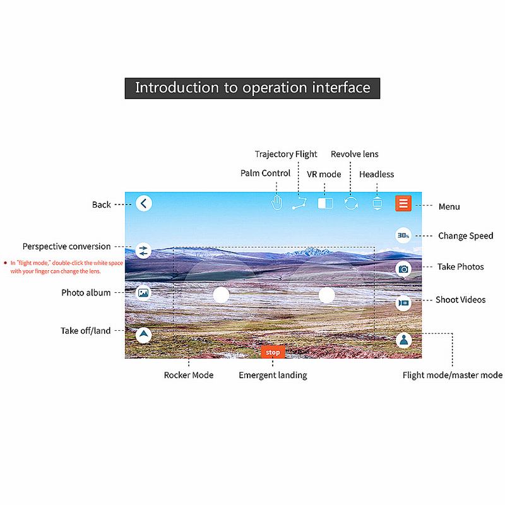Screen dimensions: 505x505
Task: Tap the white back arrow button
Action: pyautogui.click(x=144, y=203)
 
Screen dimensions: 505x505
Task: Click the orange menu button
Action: pyautogui.click(x=403, y=203)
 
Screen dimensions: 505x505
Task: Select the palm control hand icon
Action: pyautogui.click(x=276, y=203)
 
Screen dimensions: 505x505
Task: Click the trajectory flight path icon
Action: pyautogui.click(x=299, y=203)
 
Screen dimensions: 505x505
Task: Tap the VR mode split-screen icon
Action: pyautogui.click(x=325, y=203)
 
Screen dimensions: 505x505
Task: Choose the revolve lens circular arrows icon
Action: pyautogui.click(x=351, y=203)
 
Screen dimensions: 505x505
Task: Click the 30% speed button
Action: pyautogui.click(x=403, y=235)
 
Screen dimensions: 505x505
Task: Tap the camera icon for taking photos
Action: pyautogui.click(x=403, y=269)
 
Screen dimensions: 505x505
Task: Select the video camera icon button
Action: pyautogui.click(x=403, y=303)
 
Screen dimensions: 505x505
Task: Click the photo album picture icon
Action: pyautogui.click(x=143, y=293)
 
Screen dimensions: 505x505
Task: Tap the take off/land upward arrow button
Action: pyautogui.click(x=144, y=335)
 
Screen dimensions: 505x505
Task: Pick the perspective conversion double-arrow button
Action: pyautogui.click(x=143, y=251)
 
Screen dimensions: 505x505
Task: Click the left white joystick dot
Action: pyautogui.click(x=221, y=295)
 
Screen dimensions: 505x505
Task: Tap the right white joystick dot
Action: pyautogui.click(x=326, y=295)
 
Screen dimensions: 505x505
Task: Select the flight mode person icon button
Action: pyautogui.click(x=403, y=340)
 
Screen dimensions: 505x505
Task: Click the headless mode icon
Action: pyautogui.click(x=377, y=203)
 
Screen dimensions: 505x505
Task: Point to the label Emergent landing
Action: pyautogui.click(x=273, y=375)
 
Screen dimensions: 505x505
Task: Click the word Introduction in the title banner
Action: pyautogui.click(x=177, y=88)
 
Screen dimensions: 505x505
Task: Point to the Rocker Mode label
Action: pyautogui.click(x=189, y=375)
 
